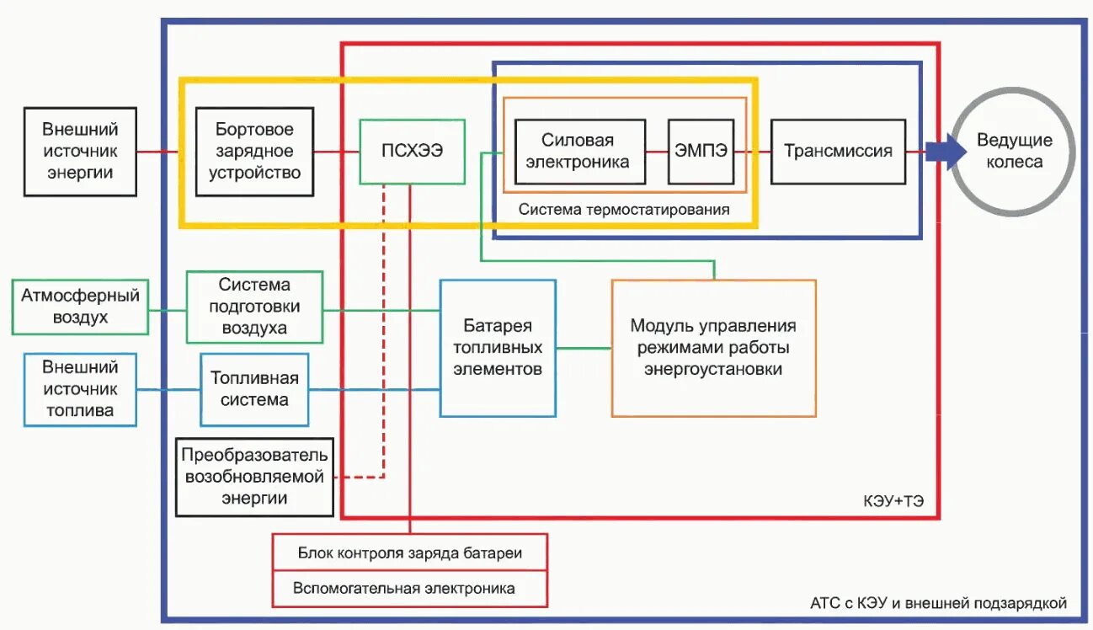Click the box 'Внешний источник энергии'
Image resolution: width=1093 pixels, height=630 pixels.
(x=80, y=152)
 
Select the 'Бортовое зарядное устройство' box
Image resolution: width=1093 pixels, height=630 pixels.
(x=254, y=152)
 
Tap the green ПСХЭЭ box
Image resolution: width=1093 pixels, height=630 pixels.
(x=412, y=152)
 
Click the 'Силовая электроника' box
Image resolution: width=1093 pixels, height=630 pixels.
(x=579, y=152)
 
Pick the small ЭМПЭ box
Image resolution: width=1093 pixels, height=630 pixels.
(x=700, y=152)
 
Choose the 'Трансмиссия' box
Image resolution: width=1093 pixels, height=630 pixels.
(x=838, y=152)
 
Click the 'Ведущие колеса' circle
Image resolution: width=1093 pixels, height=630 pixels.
(x=1013, y=152)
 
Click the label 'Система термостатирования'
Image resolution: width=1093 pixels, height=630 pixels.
(x=624, y=209)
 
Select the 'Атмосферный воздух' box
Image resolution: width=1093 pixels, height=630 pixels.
(x=80, y=307)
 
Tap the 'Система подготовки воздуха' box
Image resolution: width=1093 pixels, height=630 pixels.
(x=254, y=307)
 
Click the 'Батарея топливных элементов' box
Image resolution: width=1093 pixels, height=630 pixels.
(x=498, y=348)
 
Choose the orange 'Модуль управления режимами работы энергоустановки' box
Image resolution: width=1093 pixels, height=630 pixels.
(x=713, y=348)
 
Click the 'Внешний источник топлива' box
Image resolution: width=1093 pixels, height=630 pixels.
(x=80, y=389)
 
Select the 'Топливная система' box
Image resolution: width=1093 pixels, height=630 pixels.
(x=254, y=389)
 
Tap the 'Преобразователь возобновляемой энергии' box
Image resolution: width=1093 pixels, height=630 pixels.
(x=254, y=477)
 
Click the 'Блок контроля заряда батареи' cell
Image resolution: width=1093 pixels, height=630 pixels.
(x=410, y=553)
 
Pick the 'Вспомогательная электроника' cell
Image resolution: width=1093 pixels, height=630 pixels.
(x=410, y=588)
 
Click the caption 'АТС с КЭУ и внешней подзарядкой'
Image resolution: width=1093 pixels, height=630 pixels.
(x=937, y=603)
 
